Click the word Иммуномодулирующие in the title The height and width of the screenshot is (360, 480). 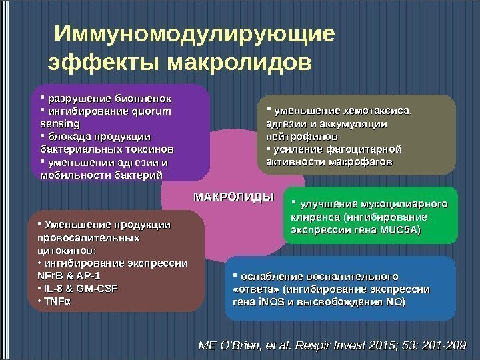195,33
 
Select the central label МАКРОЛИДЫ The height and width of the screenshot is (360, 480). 234,197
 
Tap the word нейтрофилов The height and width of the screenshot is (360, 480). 297,135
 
